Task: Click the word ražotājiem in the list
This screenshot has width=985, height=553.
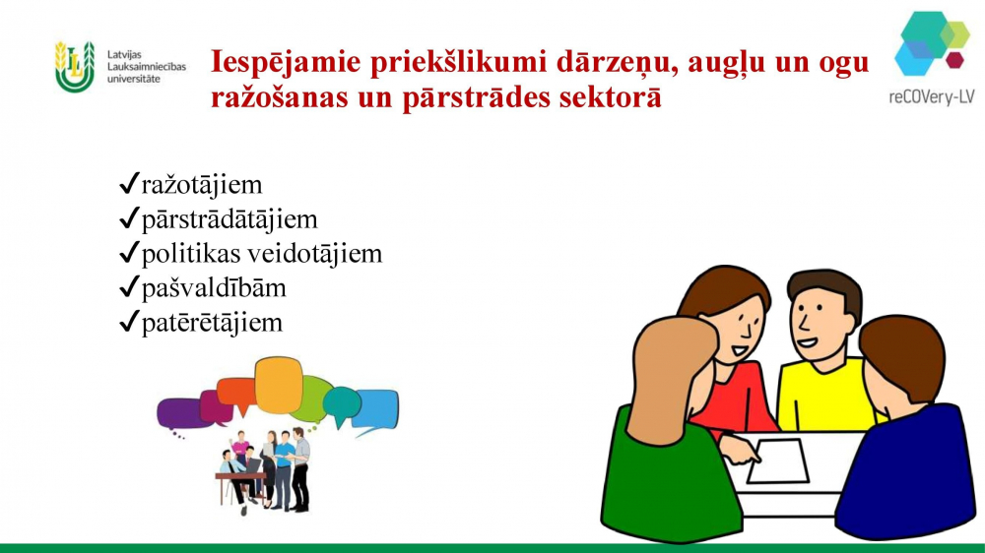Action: coord(202,185)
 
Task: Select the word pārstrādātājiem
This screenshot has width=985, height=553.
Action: coord(230,219)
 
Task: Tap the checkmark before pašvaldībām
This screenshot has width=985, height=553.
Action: coord(129,288)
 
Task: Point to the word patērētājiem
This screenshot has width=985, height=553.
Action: coord(212,324)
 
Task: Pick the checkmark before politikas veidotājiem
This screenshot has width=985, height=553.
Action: coord(129,254)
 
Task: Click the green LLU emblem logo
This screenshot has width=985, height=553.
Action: coord(75,67)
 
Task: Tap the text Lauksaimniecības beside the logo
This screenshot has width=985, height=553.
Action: coord(147,67)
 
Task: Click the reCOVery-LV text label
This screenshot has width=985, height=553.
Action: coord(932,96)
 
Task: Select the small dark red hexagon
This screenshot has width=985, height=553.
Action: coord(954,60)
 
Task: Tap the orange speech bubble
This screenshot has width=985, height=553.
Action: coord(279,384)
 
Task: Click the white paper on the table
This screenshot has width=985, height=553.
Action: coord(778,461)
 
